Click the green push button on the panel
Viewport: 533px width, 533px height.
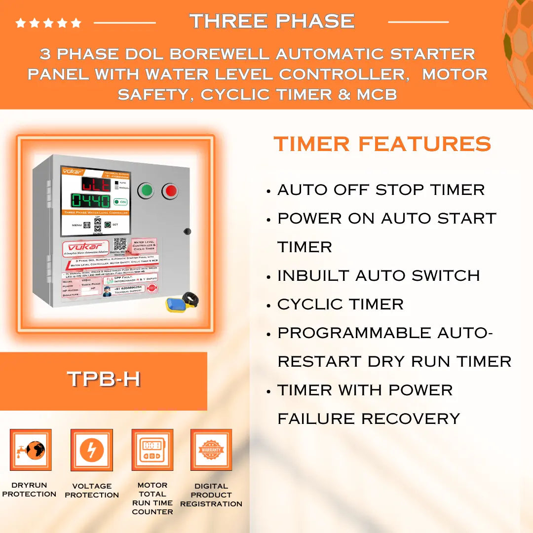coord(146,190)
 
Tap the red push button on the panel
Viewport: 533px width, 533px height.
coord(170,191)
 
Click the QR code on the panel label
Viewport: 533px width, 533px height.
coord(120,244)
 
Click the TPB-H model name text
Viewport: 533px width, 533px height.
coord(104,379)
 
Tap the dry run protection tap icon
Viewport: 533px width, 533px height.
coord(30,450)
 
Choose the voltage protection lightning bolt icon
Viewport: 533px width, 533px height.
coord(92,450)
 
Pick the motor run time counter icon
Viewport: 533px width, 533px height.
coord(152,450)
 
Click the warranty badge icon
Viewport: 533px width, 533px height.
coord(211,450)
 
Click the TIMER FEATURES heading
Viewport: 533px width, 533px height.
coord(382,144)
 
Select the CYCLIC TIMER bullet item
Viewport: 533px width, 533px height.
coord(340,304)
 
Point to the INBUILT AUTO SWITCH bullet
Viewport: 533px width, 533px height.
coord(378,275)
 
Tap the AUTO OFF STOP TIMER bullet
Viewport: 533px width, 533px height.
coord(381,190)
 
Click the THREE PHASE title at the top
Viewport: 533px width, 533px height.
coord(272,21)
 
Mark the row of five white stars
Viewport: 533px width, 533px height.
coord(48,23)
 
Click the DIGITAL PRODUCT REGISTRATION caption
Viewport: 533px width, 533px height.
coord(211,495)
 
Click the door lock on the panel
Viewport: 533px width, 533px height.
coord(187,231)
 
